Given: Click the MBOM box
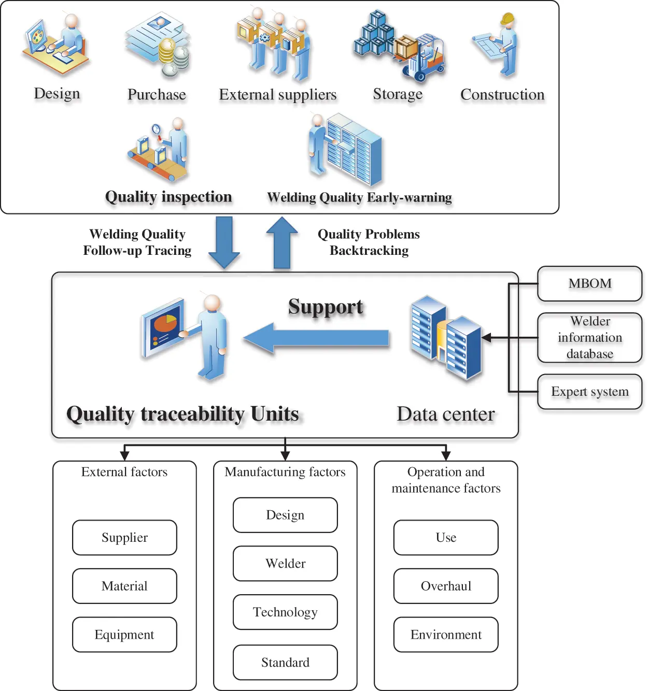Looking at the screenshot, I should [589, 283].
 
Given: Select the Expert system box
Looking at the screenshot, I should [589, 392].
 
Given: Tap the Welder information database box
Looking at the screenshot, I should [589, 338].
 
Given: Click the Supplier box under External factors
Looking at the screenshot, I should [124, 538].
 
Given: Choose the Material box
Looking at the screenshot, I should [124, 586].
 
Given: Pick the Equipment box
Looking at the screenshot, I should [124, 635].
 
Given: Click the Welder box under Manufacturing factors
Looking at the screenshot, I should [285, 564].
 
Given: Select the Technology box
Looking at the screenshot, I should [285, 612].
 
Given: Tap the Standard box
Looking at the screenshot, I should [285, 663].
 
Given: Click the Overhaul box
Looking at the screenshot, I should [446, 586].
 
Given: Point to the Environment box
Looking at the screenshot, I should [446, 635].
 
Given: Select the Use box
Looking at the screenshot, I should [446, 538].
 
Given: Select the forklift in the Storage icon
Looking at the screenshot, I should [428, 60].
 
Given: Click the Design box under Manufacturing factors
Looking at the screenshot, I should [285, 515].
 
